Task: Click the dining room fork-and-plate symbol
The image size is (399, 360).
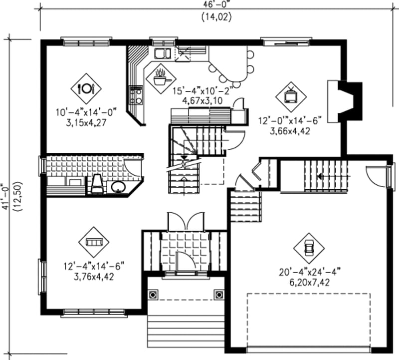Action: click(x=86, y=88)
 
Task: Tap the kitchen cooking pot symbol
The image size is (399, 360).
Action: click(x=161, y=77)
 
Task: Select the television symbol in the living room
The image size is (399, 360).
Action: click(x=290, y=95)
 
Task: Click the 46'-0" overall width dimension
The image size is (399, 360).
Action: click(x=216, y=4)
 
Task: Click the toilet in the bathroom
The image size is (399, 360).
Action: click(x=97, y=184)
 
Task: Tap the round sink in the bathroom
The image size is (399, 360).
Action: click(x=118, y=188)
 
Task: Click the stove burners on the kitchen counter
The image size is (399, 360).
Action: click(x=135, y=94)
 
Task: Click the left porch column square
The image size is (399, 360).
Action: click(x=153, y=295)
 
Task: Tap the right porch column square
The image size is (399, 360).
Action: click(x=218, y=295)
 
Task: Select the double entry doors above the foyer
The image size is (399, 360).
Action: click(x=186, y=220)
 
